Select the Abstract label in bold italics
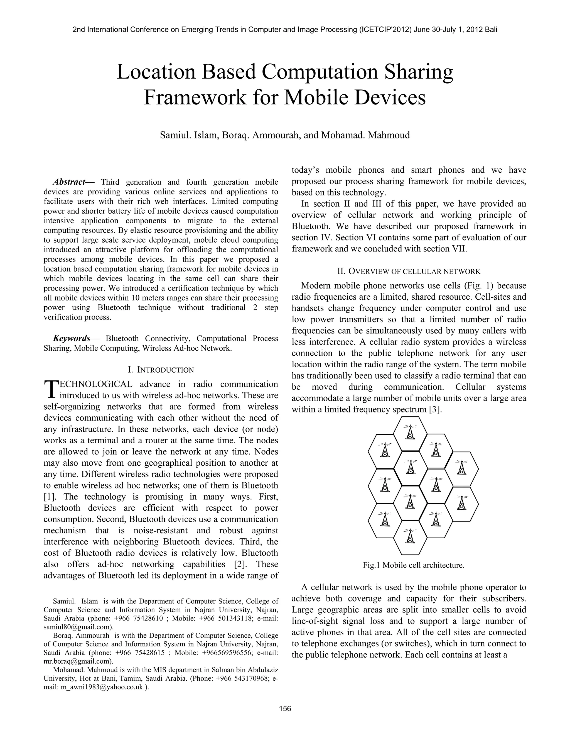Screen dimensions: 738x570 pyautogui.click(x=69, y=182)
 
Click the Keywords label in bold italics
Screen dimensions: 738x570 pyautogui.click(x=72, y=338)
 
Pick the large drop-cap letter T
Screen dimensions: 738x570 pyautogui.click(x=51, y=390)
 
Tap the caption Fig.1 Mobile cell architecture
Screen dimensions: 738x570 pyautogui.click(x=413, y=565)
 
